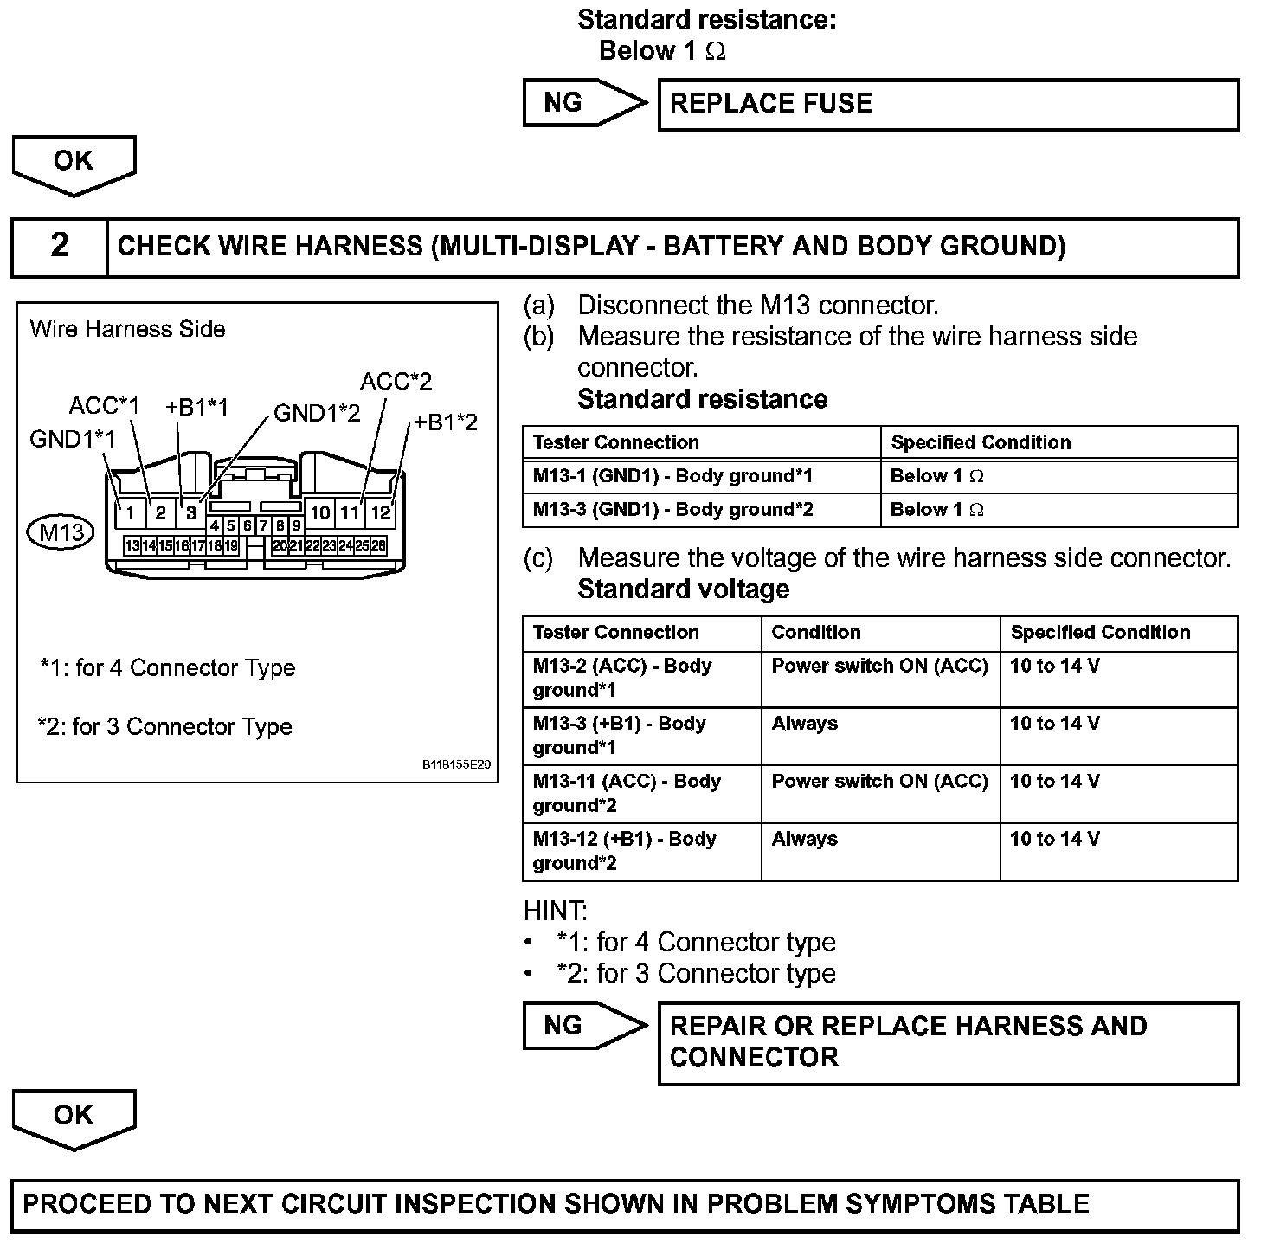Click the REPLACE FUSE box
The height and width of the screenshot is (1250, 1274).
point(948,105)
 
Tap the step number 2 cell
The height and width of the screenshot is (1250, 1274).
point(60,246)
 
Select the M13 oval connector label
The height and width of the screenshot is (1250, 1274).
point(61,531)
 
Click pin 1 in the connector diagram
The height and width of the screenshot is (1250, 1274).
point(130,512)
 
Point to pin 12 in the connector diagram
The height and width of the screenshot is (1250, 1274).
point(381,512)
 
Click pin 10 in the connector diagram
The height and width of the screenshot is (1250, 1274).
point(320,512)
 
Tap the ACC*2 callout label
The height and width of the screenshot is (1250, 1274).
point(396,381)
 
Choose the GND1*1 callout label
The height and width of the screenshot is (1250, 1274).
point(72,439)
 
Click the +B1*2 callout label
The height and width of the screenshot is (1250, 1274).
point(445,422)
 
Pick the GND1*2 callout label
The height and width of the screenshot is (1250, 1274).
point(317,413)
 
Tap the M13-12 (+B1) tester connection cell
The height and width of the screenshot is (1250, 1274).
point(641,851)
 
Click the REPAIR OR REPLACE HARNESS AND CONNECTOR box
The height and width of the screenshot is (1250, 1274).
point(948,1042)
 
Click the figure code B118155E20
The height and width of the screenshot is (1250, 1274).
point(456,765)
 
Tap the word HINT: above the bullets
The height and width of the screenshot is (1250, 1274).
point(556,911)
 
